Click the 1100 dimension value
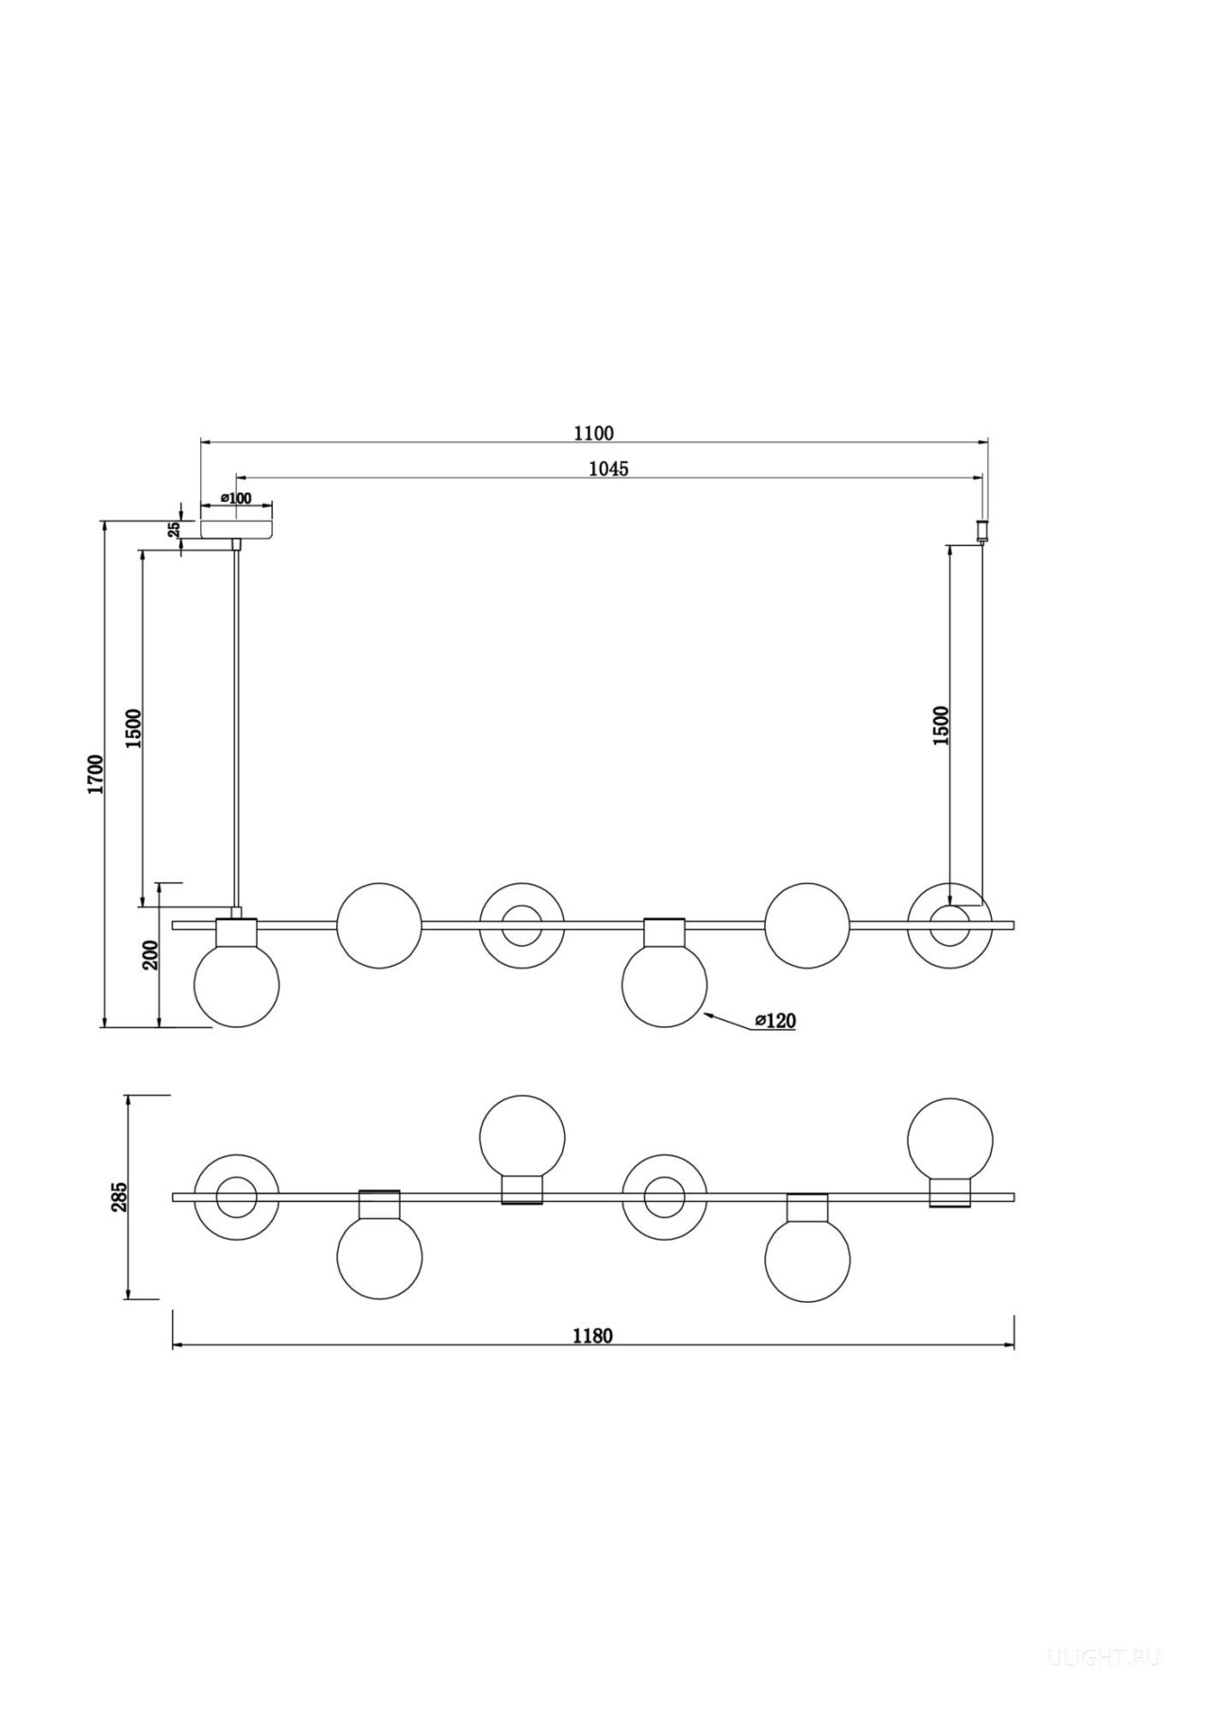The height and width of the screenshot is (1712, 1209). click(593, 434)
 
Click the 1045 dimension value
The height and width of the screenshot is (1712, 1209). click(608, 469)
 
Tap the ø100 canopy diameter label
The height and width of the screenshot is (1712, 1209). click(236, 498)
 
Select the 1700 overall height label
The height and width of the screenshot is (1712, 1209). click(94, 774)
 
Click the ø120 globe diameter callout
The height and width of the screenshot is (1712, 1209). click(775, 1020)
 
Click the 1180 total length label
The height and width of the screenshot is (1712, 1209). click(592, 1336)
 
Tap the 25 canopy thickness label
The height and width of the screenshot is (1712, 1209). click(175, 530)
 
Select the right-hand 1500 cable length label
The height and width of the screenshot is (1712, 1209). click(941, 726)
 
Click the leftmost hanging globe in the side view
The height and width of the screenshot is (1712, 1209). click(236, 984)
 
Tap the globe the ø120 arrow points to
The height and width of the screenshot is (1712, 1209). click(665, 984)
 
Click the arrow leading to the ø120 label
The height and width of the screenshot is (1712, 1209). click(729, 1020)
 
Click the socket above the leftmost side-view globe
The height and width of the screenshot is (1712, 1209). click(236, 933)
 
